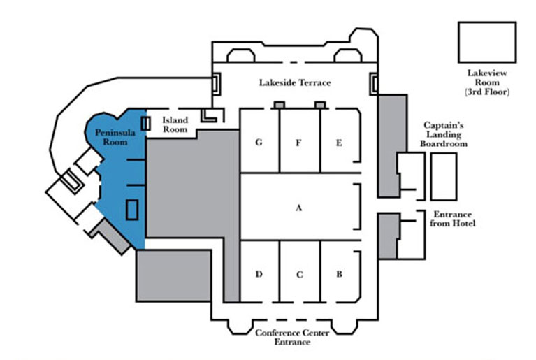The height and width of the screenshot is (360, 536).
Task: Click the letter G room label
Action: pos(259,143)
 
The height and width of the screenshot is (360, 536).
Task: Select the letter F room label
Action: pos(298,143)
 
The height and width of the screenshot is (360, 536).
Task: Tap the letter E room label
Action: pos(339,143)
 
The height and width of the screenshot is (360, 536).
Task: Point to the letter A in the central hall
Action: pos(299,208)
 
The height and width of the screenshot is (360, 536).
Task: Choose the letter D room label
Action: pos(259,274)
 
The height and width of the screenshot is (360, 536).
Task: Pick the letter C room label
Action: pos(299,274)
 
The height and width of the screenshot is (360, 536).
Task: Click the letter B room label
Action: pos(339,274)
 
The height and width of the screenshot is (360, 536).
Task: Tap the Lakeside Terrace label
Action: pos(295,82)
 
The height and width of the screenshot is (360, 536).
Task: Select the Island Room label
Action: pos(175,124)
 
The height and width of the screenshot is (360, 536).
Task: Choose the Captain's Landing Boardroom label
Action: pos(444,134)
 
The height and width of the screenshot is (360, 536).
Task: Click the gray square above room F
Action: pos(280,104)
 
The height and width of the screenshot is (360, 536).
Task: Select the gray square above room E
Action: pos(320,104)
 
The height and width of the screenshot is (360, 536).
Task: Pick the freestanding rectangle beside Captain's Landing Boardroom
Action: pos(444,175)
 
